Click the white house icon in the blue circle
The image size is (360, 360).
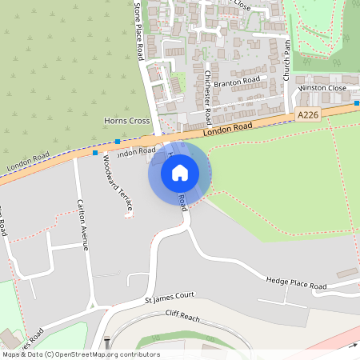coord(180,172)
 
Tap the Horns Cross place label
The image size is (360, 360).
coord(127,121)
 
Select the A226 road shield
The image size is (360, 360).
coord(307,115)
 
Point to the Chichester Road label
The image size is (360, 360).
coord(206,94)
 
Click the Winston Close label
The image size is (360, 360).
coord(322,88)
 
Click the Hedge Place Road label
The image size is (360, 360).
coord(296,283)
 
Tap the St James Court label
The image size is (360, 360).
coord(170,298)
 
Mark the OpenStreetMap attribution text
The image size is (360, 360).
coord(80,354)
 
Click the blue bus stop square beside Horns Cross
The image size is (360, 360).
coord(117,142)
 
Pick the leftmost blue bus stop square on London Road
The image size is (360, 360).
coord(95,152)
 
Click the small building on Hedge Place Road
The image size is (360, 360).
coord(347,273)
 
